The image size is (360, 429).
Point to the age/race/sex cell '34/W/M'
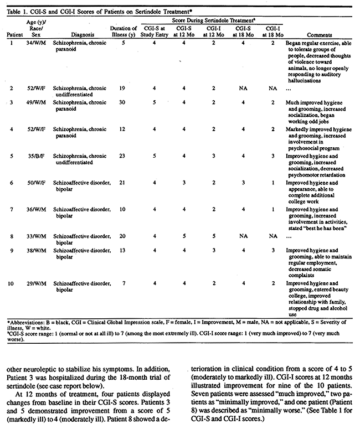coord(37,43)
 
